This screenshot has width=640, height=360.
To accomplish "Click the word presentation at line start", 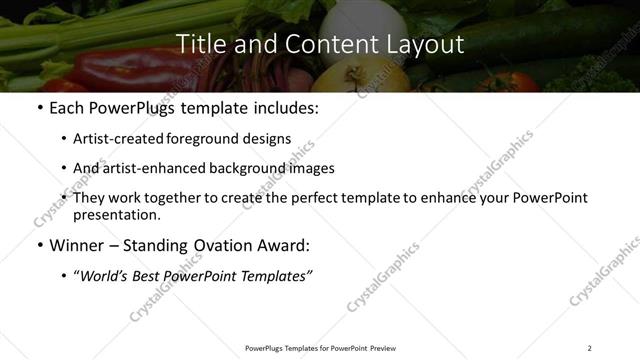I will click(x=116, y=214).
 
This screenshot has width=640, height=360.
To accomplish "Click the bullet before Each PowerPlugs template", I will click(x=39, y=108).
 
